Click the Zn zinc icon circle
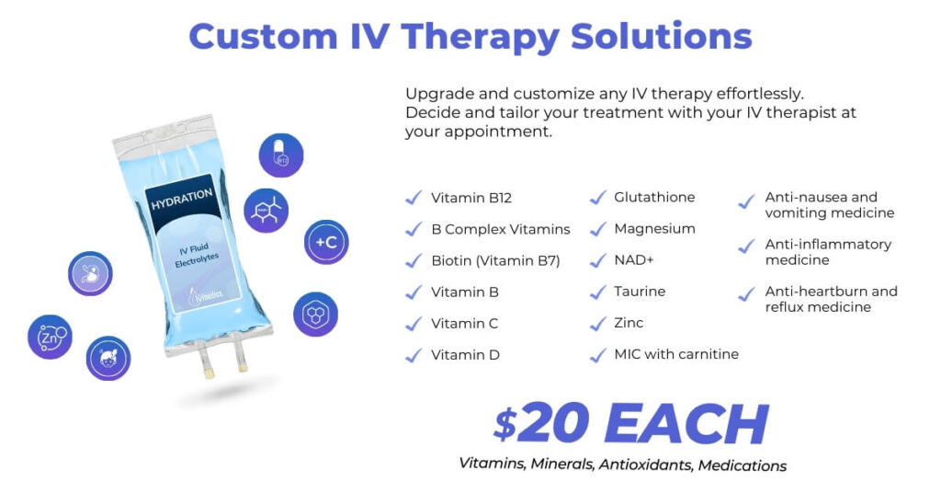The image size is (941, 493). (x=50, y=337)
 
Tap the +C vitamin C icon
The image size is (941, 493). (x=326, y=242)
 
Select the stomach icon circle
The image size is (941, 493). (x=90, y=273)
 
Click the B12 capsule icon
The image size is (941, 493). (x=281, y=155)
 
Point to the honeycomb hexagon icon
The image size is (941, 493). (x=316, y=314)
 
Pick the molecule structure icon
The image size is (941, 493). (x=266, y=211)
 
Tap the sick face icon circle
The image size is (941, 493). (x=108, y=358)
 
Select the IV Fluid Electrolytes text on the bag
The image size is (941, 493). (x=196, y=255)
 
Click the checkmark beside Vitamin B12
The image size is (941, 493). (x=414, y=198)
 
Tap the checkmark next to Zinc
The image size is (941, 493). (x=597, y=324)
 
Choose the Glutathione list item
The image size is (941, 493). (x=654, y=197)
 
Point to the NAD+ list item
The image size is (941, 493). (x=634, y=260)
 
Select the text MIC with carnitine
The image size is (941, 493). (x=676, y=354)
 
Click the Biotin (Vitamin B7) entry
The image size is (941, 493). (x=495, y=260)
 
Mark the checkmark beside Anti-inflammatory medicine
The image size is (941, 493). (x=746, y=246)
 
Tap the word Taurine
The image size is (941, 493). (x=640, y=292)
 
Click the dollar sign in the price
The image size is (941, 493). (x=505, y=423)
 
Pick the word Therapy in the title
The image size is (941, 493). (x=481, y=37)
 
